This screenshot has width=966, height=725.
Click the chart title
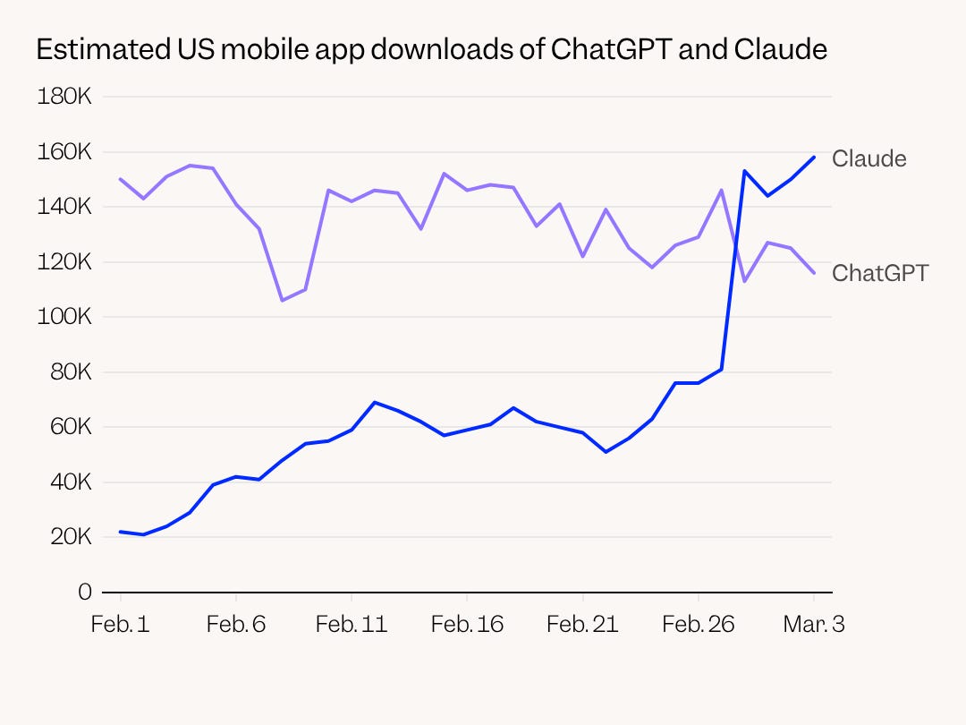[431, 50]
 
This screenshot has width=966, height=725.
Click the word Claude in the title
[781, 49]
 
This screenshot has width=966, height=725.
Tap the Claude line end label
[869, 159]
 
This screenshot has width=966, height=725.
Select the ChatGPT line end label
[880, 273]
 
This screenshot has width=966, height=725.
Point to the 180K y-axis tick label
[64, 97]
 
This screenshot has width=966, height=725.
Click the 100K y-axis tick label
[64, 317]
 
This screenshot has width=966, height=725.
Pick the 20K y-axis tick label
[71, 537]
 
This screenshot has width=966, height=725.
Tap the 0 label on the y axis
[85, 592]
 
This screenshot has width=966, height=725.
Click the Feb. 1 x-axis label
[120, 625]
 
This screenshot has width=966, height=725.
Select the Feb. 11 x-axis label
[352, 625]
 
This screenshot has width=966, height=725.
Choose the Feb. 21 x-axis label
[582, 625]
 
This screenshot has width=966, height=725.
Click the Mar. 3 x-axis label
[814, 625]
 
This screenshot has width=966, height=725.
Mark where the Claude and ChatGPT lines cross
[735, 245]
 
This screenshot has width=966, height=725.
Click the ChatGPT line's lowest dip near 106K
[282, 300]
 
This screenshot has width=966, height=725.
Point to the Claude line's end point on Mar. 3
[814, 158]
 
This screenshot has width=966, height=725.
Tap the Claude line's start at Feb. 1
[120, 532]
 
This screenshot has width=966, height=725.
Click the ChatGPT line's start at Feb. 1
[120, 179]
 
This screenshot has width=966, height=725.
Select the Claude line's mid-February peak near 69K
[375, 403]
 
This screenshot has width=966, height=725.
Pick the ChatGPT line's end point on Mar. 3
[814, 272]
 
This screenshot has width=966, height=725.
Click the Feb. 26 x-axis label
[698, 625]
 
